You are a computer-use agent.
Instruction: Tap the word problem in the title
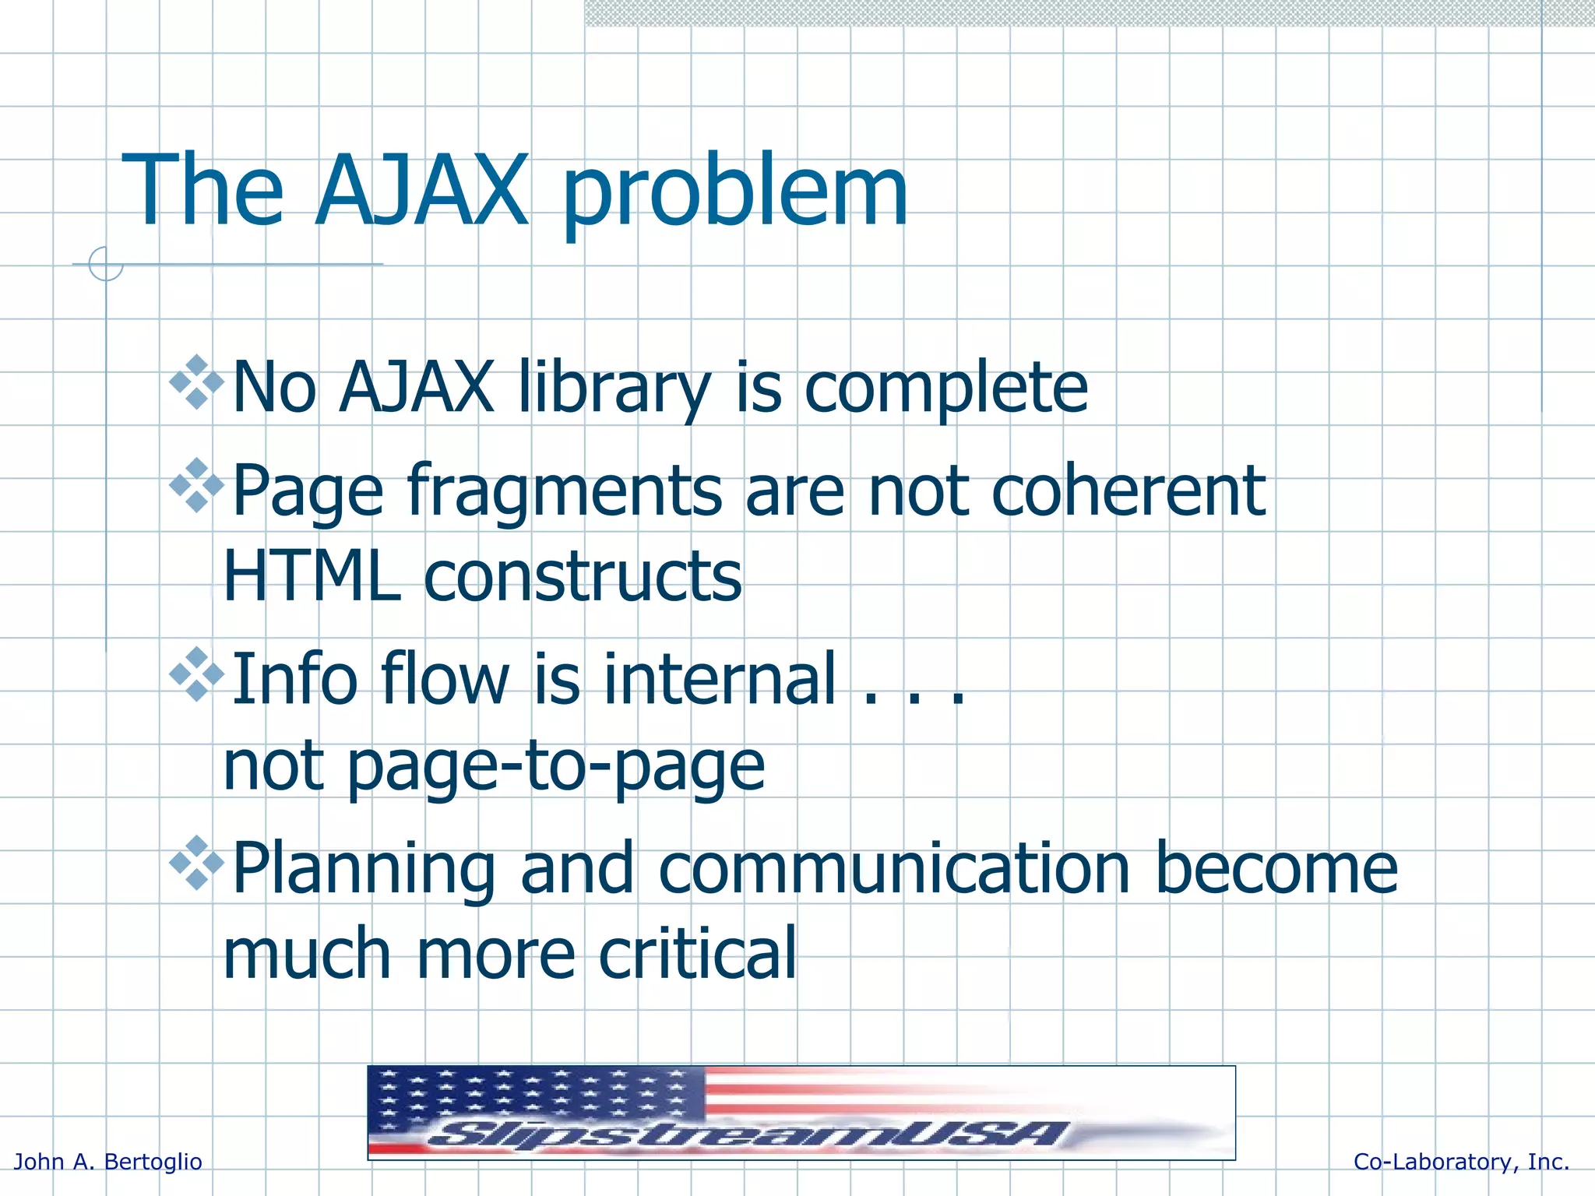pos(734,195)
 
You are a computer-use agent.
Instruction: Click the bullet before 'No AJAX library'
pos(196,382)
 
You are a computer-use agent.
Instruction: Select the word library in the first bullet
pos(614,388)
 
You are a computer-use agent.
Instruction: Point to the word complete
pos(945,389)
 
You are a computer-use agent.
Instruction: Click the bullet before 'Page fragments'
pos(196,485)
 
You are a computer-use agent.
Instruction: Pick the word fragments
pos(565,492)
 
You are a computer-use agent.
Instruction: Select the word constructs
pos(583,577)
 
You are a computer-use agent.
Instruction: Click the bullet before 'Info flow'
pos(196,674)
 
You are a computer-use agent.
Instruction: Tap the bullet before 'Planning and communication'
pos(196,863)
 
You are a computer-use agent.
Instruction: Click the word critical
pos(698,954)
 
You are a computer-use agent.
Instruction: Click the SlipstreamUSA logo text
pos(748,1133)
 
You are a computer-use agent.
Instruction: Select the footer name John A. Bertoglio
pos(108,1162)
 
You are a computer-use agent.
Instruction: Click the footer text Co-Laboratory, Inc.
pos(1461,1162)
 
